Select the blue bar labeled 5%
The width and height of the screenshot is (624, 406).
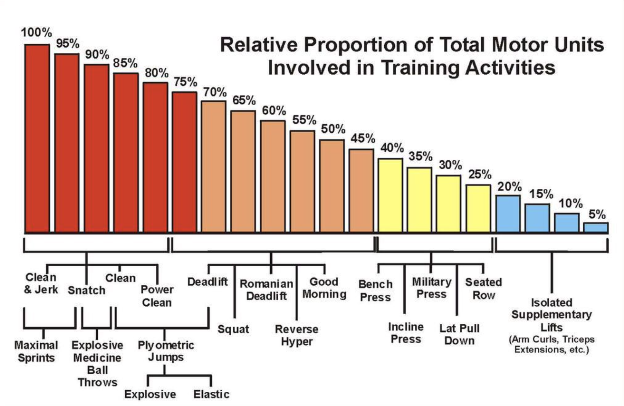click(595, 228)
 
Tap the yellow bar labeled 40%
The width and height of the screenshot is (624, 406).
click(390, 195)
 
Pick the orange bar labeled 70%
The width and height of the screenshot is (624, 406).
click(213, 166)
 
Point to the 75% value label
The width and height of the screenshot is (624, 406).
click(185, 82)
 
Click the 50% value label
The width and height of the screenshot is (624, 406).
click(333, 129)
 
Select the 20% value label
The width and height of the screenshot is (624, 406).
click(509, 186)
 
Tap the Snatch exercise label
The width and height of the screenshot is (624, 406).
click(86, 290)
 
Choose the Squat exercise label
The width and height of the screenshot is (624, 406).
click(233, 329)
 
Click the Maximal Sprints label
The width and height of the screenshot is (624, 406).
click(36, 352)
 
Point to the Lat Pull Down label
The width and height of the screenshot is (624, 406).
click(459, 334)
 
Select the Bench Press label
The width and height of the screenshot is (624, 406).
click(375, 291)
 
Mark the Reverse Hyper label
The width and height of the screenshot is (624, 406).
click(296, 335)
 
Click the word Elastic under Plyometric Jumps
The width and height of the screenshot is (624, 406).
click(211, 394)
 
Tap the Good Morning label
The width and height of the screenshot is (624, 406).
click(324, 288)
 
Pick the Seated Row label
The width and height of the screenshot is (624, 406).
click(483, 288)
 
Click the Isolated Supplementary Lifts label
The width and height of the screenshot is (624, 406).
click(551, 315)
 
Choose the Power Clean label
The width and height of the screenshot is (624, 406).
click(157, 296)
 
